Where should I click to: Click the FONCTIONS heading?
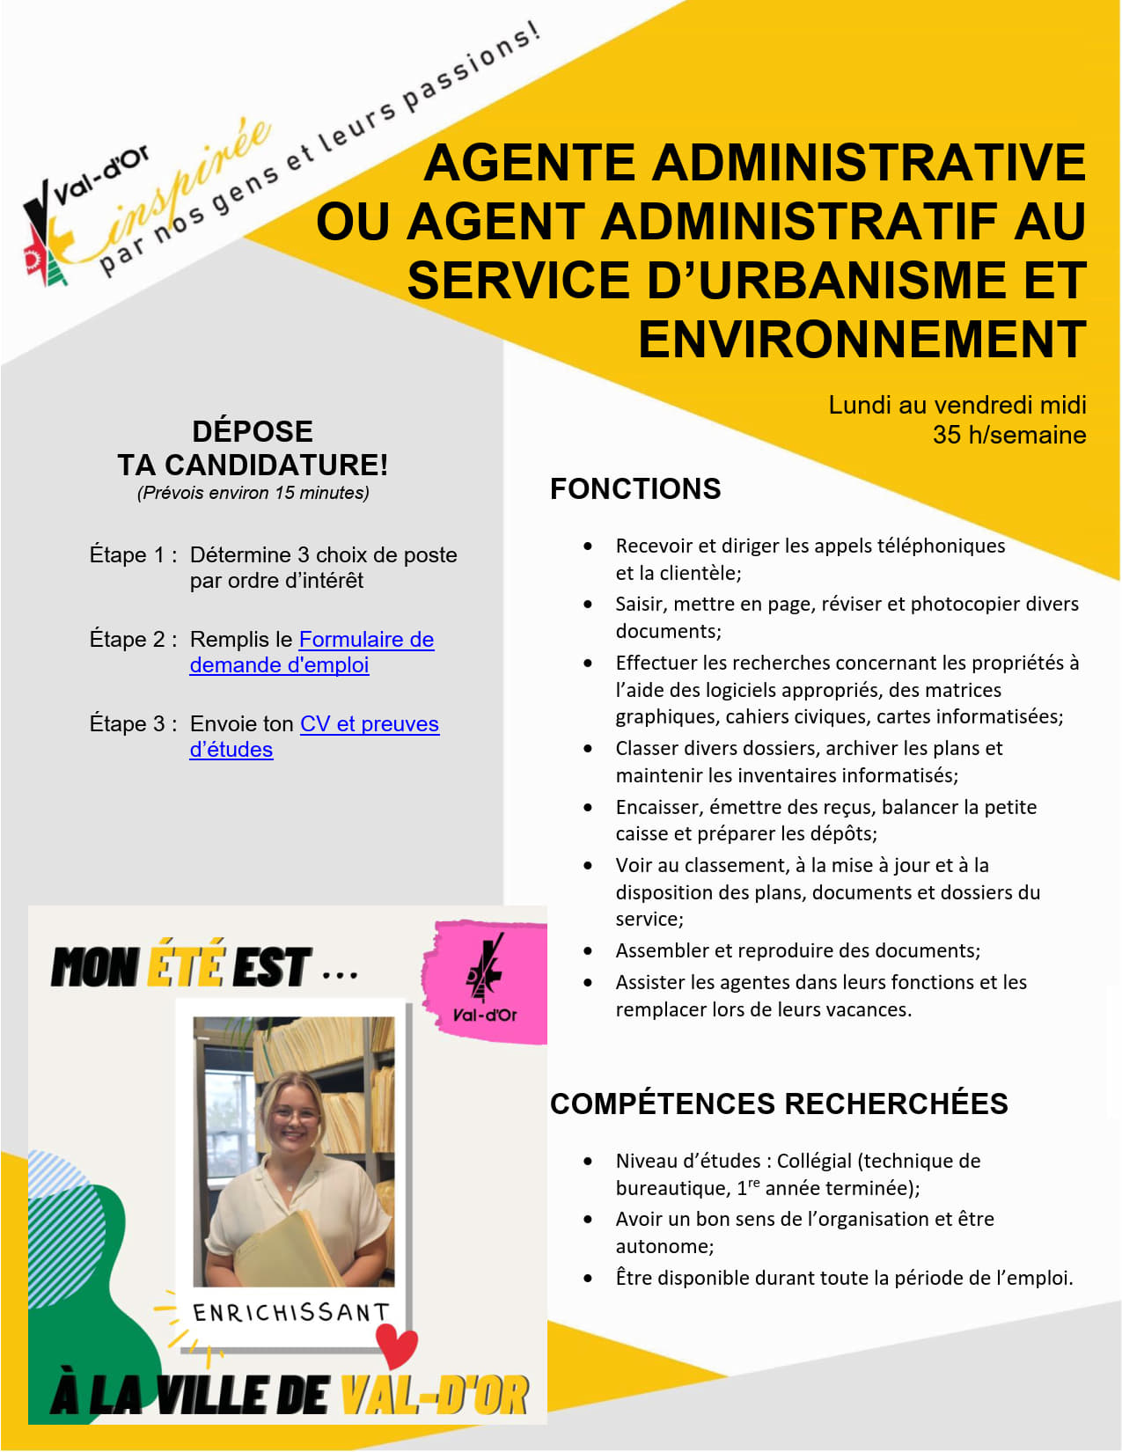click(x=634, y=488)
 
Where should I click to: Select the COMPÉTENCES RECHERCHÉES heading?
click(x=778, y=1104)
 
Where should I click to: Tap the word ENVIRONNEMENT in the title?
click(x=862, y=340)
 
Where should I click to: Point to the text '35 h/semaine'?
click(x=1008, y=435)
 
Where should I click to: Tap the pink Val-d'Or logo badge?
click(x=485, y=981)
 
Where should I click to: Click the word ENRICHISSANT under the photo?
click(x=290, y=1313)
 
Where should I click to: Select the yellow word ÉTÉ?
click(x=186, y=965)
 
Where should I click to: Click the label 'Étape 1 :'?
click(x=133, y=555)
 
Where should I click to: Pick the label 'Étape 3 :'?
click(x=133, y=724)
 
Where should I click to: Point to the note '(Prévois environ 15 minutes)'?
click(x=253, y=493)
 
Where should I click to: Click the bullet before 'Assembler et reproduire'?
click(x=588, y=950)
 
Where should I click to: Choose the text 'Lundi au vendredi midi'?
click(x=957, y=405)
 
